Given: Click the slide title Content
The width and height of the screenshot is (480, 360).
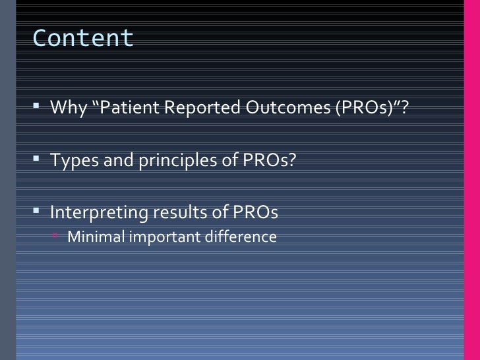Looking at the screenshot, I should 82,39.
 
